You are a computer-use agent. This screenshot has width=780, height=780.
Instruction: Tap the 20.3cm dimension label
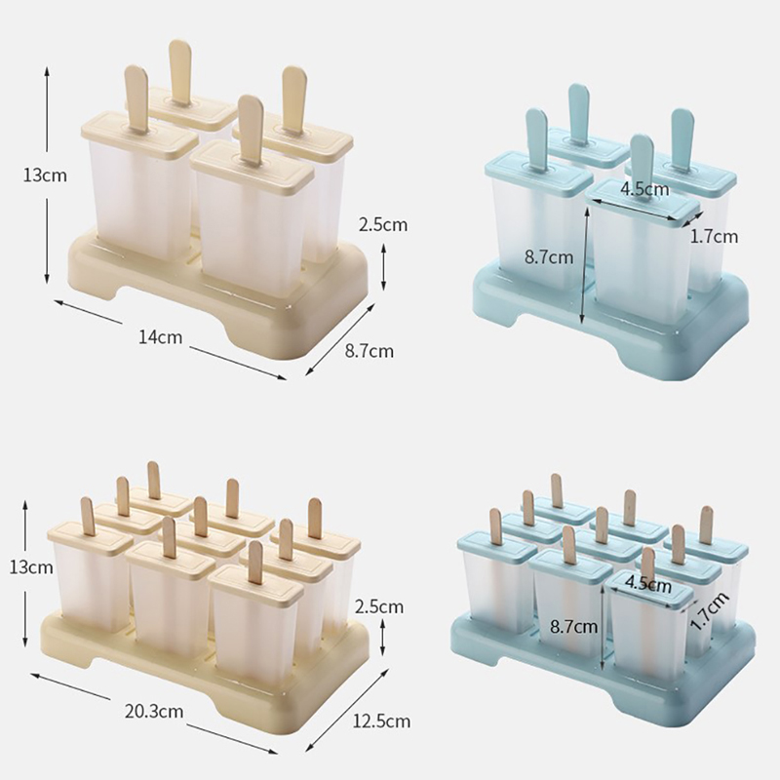coord(154,712)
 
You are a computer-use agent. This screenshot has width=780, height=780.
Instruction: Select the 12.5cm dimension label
coord(381,721)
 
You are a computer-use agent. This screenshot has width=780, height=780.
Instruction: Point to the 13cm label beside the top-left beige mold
coord(45,175)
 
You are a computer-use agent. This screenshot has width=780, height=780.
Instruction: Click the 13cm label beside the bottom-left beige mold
coord(31,567)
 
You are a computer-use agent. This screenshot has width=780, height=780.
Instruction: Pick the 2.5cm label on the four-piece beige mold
coord(383,225)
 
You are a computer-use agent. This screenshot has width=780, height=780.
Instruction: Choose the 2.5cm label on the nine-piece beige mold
coord(379,606)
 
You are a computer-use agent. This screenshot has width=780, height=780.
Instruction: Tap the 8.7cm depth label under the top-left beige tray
coord(370,351)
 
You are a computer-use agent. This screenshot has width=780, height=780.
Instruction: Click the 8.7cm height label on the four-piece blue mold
coord(549,257)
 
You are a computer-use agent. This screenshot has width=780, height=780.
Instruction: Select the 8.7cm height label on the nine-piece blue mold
coord(573,626)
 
